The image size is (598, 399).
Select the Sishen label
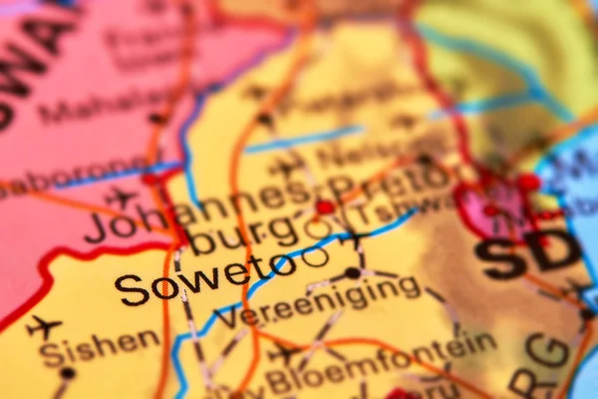point(99,345)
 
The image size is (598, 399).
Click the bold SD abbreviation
point(528,255)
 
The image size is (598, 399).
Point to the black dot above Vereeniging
point(352,272)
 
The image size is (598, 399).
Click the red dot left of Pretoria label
point(324,207)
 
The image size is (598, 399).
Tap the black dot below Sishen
point(67,373)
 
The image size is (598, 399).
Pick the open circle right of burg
point(318,230)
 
